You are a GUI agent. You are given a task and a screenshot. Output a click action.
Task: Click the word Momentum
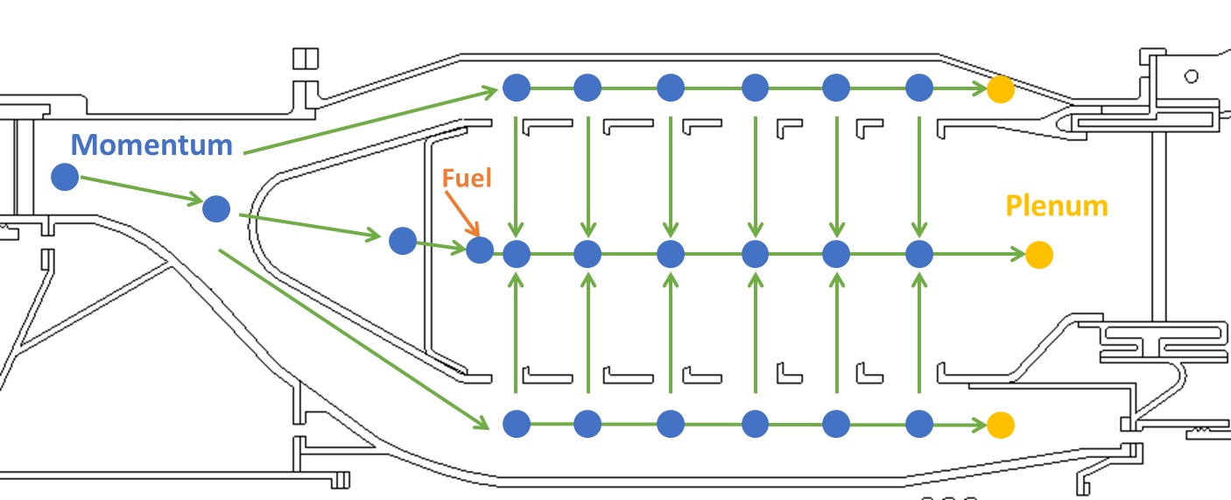click(x=151, y=144)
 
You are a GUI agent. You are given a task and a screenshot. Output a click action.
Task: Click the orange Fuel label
click(x=467, y=179)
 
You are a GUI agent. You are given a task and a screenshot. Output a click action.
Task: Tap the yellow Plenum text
click(x=1057, y=206)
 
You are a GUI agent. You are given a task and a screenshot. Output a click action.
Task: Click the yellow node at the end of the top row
click(x=1001, y=88)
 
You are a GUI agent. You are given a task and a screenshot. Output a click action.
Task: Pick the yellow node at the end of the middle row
click(x=1038, y=255)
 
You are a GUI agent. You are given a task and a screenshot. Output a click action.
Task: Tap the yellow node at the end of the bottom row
click(x=1001, y=425)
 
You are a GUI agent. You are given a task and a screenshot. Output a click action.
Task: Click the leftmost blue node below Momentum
click(x=65, y=177)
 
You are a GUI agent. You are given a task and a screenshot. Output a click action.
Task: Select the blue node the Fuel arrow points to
click(x=479, y=250)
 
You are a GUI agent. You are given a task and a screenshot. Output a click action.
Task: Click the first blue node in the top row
click(x=517, y=88)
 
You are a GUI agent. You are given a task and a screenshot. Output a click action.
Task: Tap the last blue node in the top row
click(x=919, y=88)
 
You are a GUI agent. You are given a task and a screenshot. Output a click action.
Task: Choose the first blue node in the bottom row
click(x=517, y=424)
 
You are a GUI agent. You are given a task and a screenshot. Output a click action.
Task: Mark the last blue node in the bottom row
click(x=919, y=424)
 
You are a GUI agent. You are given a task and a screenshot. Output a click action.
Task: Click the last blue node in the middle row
click(x=919, y=255)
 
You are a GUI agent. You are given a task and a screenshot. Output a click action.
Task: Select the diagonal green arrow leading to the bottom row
click(x=350, y=338)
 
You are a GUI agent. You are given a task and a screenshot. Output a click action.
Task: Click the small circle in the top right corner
click(x=1191, y=76)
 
